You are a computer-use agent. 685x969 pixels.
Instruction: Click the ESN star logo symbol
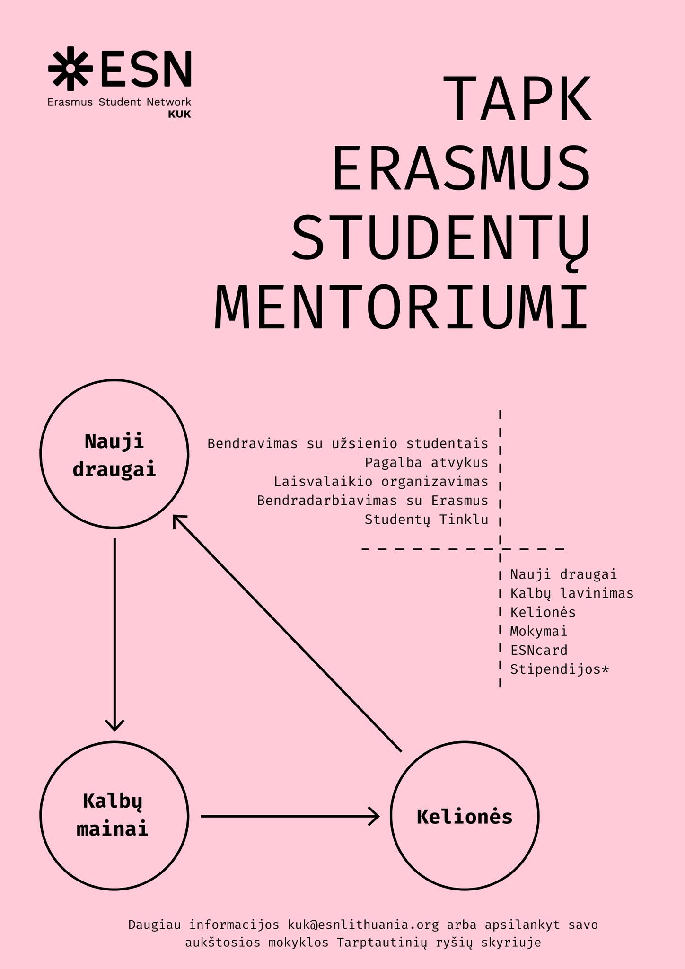[x=70, y=68]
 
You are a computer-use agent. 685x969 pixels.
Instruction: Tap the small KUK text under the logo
[x=179, y=115]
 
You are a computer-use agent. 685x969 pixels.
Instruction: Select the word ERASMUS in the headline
[x=461, y=168]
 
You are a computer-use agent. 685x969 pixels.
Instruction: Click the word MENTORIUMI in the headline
[x=402, y=307]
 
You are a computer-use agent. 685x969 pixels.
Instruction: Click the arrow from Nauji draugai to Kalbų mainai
[x=114, y=634]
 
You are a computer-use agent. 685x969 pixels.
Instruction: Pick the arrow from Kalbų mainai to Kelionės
[x=290, y=816]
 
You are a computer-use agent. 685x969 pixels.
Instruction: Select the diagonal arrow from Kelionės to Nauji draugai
[x=287, y=633]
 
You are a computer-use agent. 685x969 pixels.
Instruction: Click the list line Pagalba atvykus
[x=426, y=462]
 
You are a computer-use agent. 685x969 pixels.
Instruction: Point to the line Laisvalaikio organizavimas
[x=381, y=482]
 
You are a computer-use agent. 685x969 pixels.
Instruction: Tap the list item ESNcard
[x=539, y=650]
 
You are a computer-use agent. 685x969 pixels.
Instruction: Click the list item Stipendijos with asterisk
[x=560, y=669]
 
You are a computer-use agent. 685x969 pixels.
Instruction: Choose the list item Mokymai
[x=539, y=632]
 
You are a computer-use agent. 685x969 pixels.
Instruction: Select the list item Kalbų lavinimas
[x=572, y=593]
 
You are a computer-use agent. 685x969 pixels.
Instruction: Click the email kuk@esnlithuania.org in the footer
[x=363, y=925]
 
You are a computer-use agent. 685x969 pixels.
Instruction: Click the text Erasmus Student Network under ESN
[x=119, y=102]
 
